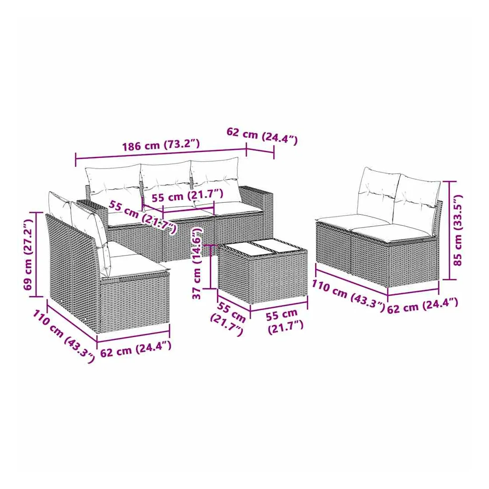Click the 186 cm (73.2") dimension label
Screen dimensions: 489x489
pos(160,145)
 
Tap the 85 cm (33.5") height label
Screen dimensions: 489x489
pos(457,230)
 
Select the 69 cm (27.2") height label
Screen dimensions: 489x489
pos(28,254)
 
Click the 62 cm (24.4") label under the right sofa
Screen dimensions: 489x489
pos(423,306)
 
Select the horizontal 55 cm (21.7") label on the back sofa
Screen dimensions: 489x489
pos(188,196)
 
